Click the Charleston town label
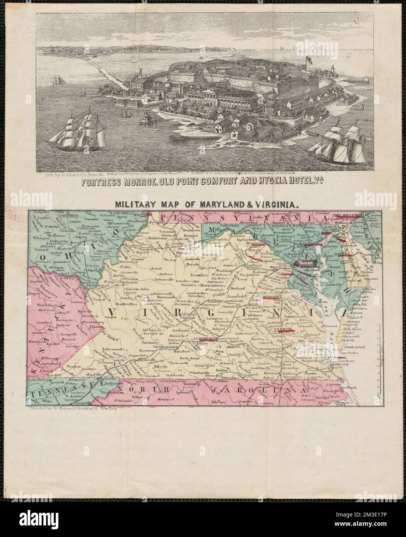pyautogui.click(x=120, y=282)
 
